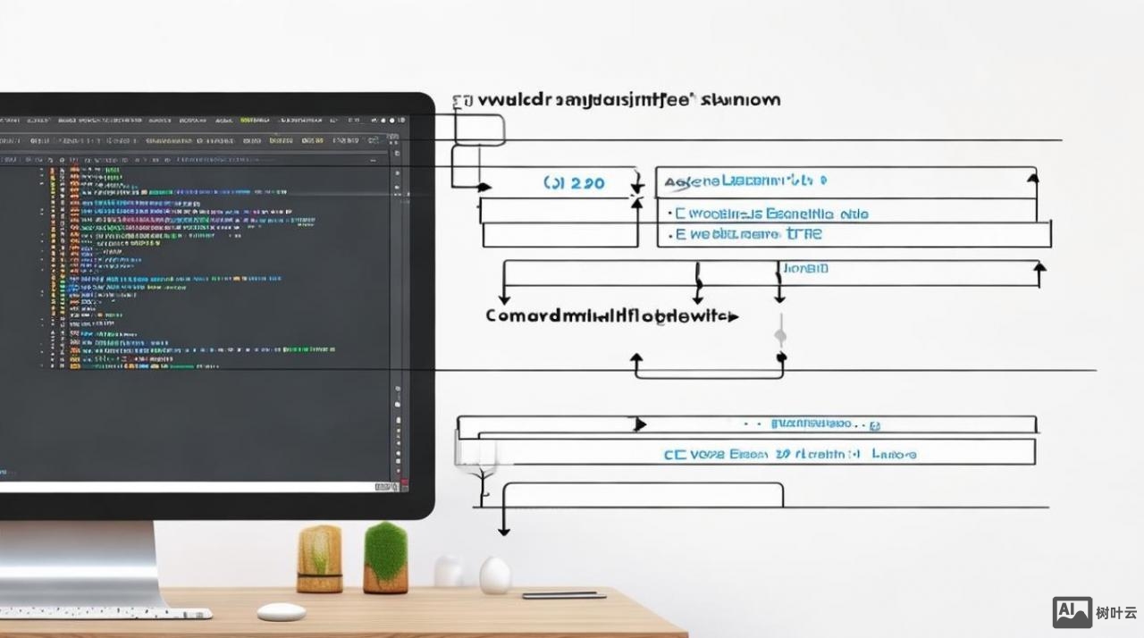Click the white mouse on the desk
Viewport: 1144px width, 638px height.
point(282,612)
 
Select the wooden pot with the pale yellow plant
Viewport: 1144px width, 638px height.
point(319,559)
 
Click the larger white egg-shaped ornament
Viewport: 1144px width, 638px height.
point(494,575)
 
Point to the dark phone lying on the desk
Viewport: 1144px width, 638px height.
point(563,595)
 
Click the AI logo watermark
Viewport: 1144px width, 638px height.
point(1072,612)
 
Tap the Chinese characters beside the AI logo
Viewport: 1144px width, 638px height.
point(1116,613)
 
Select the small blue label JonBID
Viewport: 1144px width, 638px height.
point(805,268)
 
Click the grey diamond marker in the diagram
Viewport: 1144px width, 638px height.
point(780,336)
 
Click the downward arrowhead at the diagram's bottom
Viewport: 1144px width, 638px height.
point(504,531)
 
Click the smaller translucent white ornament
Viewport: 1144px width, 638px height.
point(448,572)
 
